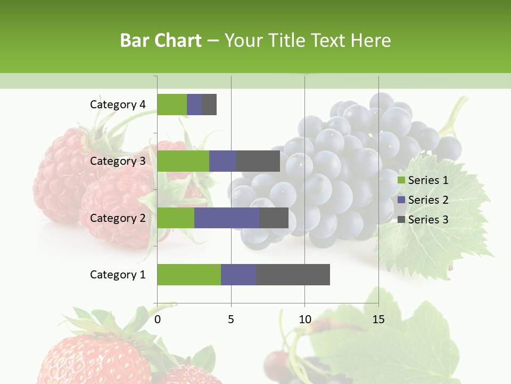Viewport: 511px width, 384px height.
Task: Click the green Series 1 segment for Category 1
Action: tap(189, 275)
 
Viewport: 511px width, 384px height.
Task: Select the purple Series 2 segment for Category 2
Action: tap(227, 218)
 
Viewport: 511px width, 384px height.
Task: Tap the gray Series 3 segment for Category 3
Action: tap(258, 161)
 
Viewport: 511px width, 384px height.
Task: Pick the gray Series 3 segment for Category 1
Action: tap(293, 275)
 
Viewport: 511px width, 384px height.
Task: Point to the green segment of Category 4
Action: tap(172, 105)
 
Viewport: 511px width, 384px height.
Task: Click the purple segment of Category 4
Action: tap(194, 105)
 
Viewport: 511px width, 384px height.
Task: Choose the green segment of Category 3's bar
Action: tap(183, 161)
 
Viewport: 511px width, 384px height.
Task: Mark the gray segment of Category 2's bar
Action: tap(274, 218)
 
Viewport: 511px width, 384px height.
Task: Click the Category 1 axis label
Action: tap(118, 275)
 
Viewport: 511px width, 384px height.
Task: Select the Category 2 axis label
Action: tap(118, 218)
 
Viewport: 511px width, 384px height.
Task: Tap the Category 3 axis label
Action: tap(118, 161)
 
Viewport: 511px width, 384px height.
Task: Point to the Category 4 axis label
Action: tap(118, 105)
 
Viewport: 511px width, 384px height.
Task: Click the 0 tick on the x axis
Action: tap(158, 319)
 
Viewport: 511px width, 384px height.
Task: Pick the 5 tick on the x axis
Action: tap(231, 319)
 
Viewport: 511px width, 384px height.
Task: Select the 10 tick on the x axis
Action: tap(304, 319)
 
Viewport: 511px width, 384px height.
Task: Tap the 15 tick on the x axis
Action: tap(378, 319)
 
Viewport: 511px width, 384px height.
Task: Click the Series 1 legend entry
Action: tap(423, 180)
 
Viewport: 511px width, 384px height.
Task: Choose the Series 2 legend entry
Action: tap(423, 200)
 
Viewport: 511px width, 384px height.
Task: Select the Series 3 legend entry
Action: tap(423, 220)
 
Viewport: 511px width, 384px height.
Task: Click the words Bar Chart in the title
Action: tap(161, 41)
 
